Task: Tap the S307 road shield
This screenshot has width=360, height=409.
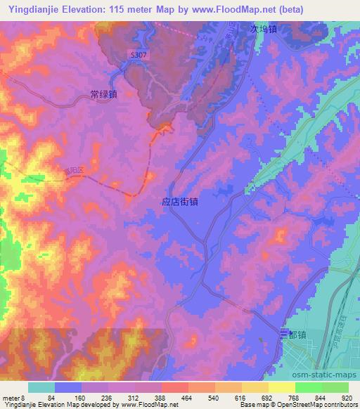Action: (x=138, y=53)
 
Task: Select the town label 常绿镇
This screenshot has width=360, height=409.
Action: (x=103, y=93)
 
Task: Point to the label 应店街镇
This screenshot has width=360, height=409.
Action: (x=179, y=201)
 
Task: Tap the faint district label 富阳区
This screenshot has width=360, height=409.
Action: (x=72, y=171)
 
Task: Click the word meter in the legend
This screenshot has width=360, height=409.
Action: (x=12, y=398)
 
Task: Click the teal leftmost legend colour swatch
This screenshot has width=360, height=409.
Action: (x=41, y=387)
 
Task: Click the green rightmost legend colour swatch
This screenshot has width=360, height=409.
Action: (x=335, y=387)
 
